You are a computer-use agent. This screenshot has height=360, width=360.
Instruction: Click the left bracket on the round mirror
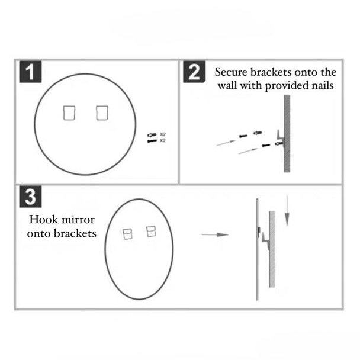70,112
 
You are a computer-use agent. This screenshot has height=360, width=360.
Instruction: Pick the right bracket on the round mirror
102,112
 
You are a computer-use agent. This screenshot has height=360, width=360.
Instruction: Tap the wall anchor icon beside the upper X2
152,135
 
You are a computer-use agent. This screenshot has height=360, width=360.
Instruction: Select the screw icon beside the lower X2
152,141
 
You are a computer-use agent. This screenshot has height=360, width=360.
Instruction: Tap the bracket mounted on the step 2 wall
279,140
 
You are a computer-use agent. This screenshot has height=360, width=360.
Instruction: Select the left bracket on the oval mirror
127,234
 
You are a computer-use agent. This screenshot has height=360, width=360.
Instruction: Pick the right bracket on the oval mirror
150,231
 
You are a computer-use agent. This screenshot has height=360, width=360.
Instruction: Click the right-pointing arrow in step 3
214,235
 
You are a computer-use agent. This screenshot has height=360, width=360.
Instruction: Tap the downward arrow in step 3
287,213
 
